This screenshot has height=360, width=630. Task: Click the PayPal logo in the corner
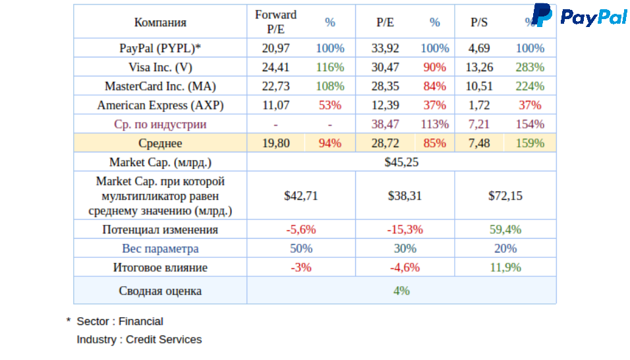coord(579,16)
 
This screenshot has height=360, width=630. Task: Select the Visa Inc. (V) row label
coord(160,67)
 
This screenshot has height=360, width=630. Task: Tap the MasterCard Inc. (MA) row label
coord(160,86)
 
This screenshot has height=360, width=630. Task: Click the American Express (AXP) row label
coord(160,105)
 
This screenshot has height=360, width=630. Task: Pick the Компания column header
coord(160,22)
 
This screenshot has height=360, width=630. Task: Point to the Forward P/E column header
coord(275,22)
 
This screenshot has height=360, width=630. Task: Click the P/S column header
coord(479,22)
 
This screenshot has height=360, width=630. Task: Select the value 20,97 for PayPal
coord(275,48)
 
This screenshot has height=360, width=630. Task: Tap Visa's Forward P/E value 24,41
coord(275,67)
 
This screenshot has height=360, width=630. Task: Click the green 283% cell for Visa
coord(530,67)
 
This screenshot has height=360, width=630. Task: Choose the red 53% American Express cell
coord(329,105)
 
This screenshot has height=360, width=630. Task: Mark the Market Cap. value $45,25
coord(401,162)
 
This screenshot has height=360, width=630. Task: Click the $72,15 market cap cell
coord(505,196)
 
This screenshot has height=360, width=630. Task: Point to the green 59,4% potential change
coord(505,230)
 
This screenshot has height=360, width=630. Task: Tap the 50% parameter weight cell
coord(301,249)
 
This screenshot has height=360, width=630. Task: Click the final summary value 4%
coord(401,291)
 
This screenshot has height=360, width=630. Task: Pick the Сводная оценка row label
coord(160,291)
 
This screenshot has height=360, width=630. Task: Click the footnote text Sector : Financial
coord(120,322)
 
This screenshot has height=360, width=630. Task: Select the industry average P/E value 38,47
coord(384,125)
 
